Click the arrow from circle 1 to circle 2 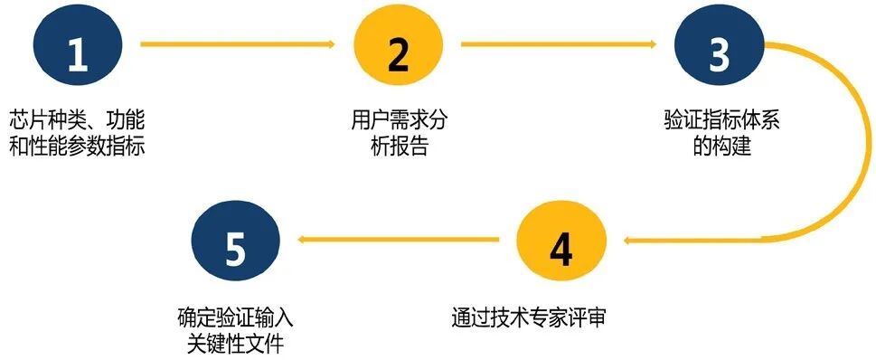(x=239, y=43)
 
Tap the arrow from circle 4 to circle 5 (x=398, y=240)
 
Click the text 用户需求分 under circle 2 (x=399, y=121)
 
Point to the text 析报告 (x=399, y=146)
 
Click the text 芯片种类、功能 (x=78, y=121)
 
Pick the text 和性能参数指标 (x=78, y=146)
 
